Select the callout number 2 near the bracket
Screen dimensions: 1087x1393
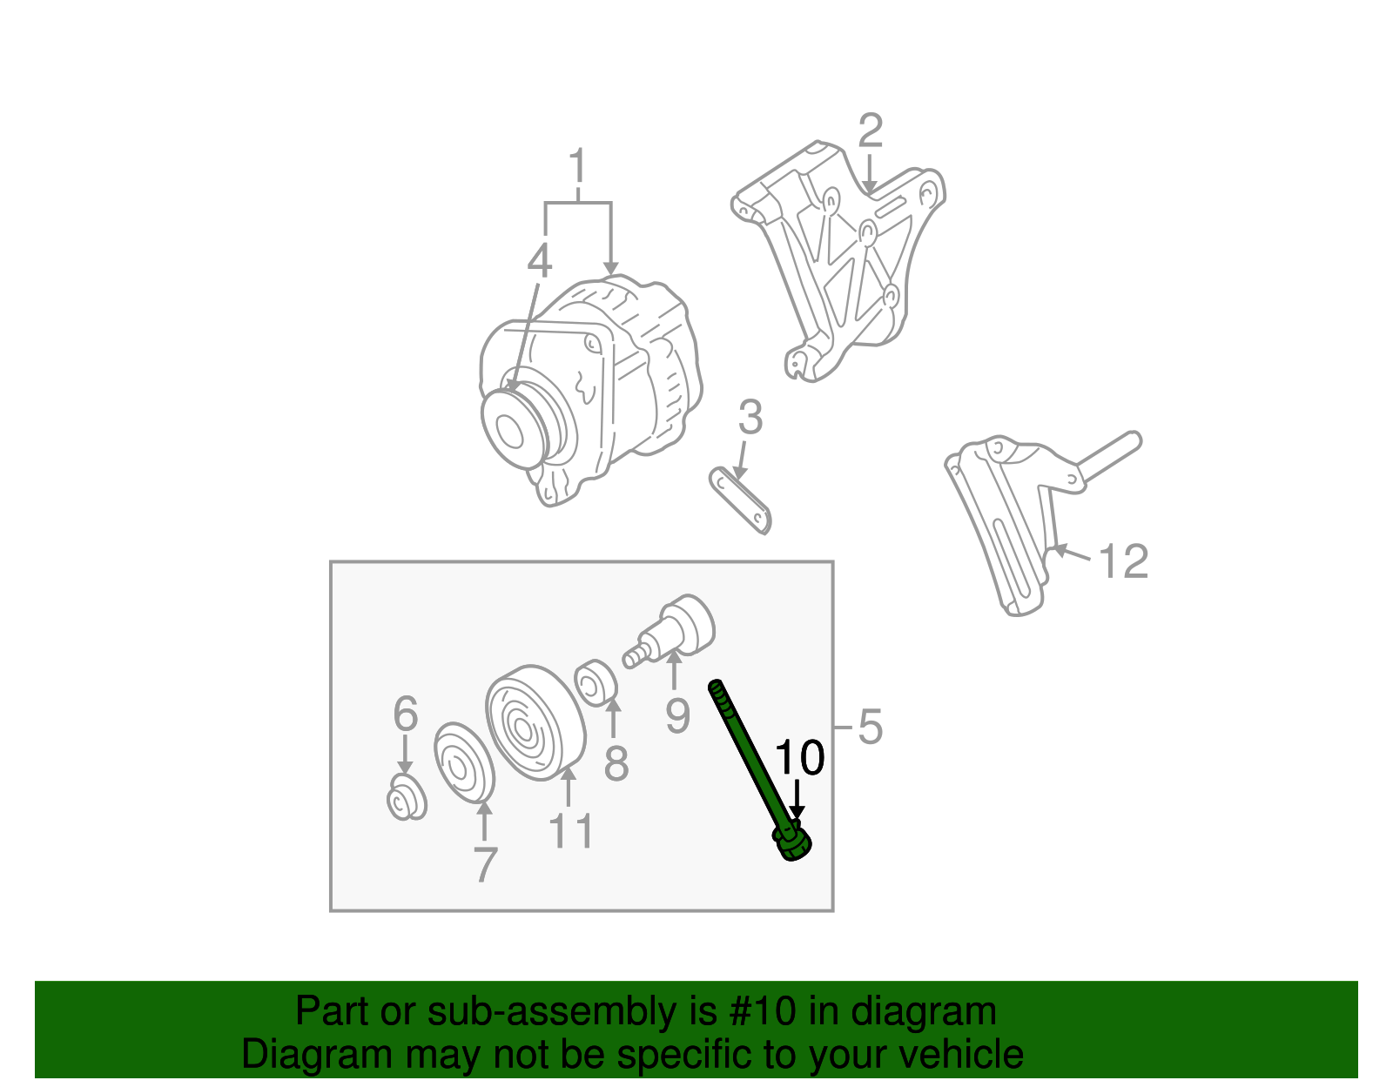click(870, 131)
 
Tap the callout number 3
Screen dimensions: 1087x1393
click(750, 418)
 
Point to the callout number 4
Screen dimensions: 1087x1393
click(540, 261)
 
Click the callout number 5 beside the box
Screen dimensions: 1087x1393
click(870, 727)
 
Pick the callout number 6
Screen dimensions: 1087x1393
click(406, 715)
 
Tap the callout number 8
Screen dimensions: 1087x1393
click(616, 764)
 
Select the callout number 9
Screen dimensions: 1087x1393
click(677, 716)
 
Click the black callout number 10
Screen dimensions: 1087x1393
click(799, 758)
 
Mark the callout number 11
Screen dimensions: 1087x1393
click(571, 831)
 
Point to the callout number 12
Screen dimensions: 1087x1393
click(1124, 561)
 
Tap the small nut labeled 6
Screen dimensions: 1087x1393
click(406, 801)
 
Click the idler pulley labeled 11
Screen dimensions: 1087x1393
click(533, 724)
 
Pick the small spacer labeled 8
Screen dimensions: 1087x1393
click(597, 681)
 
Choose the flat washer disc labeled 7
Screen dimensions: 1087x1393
click(464, 762)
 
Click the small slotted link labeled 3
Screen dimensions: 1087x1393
click(741, 499)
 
